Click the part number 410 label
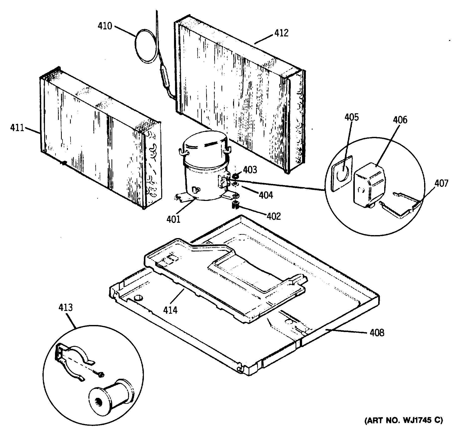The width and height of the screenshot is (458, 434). pyautogui.click(x=105, y=26)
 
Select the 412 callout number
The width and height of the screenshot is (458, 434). pyautogui.click(x=281, y=33)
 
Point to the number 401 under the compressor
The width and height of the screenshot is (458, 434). pyautogui.click(x=173, y=219)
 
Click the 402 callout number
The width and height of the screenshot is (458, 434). pyautogui.click(x=274, y=216)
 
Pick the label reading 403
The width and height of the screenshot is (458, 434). pyautogui.click(x=250, y=170)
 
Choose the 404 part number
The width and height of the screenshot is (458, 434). pyautogui.click(x=266, y=195)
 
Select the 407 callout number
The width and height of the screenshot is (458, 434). pyautogui.click(x=441, y=183)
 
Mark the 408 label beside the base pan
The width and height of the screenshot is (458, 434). pyautogui.click(x=377, y=333)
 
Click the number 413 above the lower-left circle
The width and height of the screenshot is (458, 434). pyautogui.click(x=66, y=307)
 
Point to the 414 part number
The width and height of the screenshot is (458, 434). pyautogui.click(x=170, y=310)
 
